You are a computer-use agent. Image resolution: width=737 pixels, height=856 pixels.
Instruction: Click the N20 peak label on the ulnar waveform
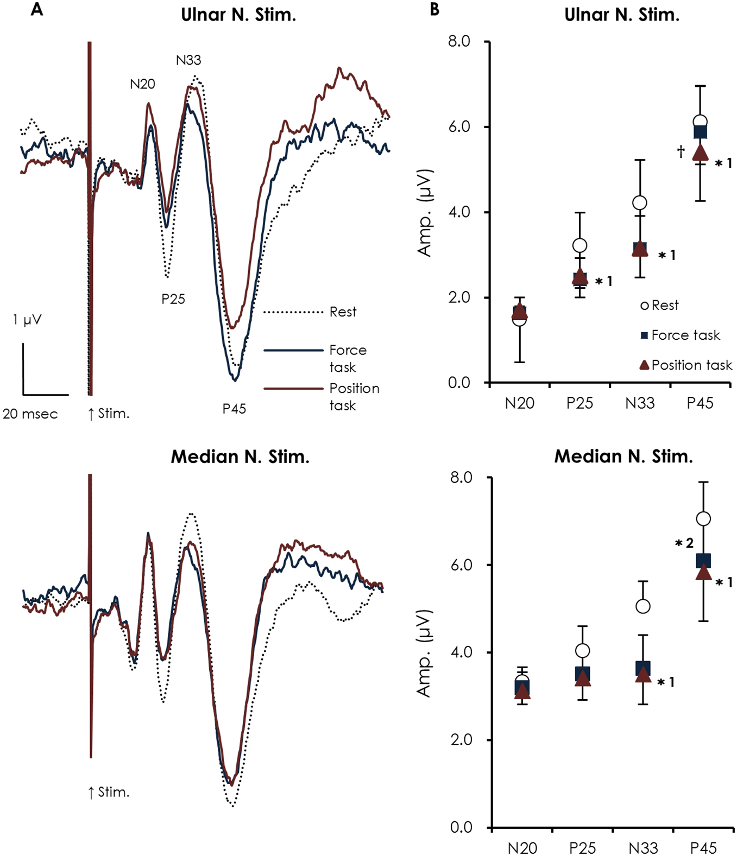pyautogui.click(x=142, y=84)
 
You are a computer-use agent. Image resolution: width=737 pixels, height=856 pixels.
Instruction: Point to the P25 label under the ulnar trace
pyautogui.click(x=173, y=299)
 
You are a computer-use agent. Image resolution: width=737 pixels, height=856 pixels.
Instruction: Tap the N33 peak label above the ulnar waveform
pyautogui.click(x=188, y=60)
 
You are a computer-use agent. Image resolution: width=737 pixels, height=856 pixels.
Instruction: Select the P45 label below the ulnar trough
pyautogui.click(x=234, y=409)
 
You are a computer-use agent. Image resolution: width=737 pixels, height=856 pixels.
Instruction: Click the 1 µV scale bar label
pyautogui.click(x=27, y=320)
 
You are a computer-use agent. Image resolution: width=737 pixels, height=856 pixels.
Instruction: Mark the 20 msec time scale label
pyautogui.click(x=30, y=414)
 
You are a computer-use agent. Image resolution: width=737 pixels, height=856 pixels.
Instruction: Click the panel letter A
pyautogui.click(x=36, y=10)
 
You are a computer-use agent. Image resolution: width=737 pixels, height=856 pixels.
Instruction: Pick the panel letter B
pyautogui.click(x=434, y=10)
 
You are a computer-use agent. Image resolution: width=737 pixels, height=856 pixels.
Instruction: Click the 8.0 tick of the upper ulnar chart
pyautogui.click(x=459, y=42)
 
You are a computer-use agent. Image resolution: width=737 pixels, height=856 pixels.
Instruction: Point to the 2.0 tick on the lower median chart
pyautogui.click(x=461, y=740)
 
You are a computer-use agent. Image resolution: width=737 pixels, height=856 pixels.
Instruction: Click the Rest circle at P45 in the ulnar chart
pyautogui.click(x=700, y=122)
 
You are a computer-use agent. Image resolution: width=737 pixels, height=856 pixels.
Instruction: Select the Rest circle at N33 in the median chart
pyautogui.click(x=643, y=606)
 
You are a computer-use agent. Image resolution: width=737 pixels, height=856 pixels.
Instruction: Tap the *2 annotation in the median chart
pyautogui.click(x=684, y=543)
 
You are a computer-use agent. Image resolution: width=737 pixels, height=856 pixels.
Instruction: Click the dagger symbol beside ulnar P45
pyautogui.click(x=681, y=151)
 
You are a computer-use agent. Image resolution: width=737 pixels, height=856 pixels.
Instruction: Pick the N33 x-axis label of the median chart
pyautogui.click(x=643, y=848)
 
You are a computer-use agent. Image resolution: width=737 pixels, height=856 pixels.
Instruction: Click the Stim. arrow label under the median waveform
pyautogui.click(x=109, y=792)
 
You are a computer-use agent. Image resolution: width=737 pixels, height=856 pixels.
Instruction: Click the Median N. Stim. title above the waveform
pyautogui.click(x=240, y=457)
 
